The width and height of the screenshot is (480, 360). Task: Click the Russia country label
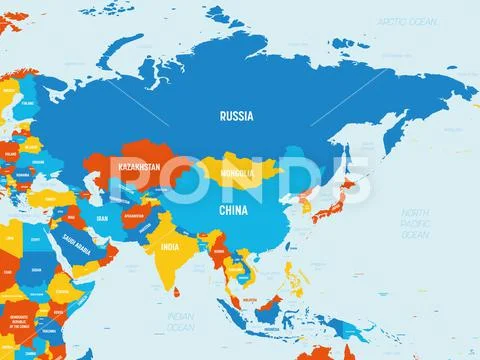[235, 115]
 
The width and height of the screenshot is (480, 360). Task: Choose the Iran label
[101, 217]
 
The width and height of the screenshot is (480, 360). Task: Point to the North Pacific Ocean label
[416, 226]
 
